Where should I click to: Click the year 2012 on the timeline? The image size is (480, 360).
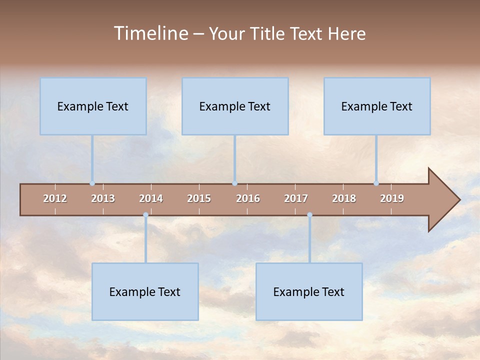click(x=55, y=198)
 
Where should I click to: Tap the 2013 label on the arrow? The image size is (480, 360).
click(x=103, y=198)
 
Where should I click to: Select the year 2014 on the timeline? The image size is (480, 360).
click(x=151, y=198)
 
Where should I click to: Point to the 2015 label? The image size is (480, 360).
click(x=199, y=198)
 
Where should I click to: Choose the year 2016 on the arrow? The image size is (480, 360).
click(x=248, y=198)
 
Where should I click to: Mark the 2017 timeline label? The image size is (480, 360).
click(x=296, y=198)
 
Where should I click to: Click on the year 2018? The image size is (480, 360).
click(x=344, y=198)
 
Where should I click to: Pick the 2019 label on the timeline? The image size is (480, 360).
click(x=392, y=198)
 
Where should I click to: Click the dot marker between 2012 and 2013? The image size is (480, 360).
click(x=92, y=183)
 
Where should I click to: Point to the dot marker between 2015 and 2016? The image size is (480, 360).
click(x=234, y=183)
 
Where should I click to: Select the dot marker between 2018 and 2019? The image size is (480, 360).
click(x=376, y=183)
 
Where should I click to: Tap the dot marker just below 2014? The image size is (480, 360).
click(x=145, y=215)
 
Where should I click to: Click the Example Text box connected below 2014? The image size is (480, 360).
click(x=145, y=291)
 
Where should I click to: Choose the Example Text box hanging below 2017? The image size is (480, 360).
click(x=309, y=291)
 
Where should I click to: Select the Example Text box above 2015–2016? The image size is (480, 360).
click(x=235, y=106)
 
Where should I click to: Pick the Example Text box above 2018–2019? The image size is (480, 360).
click(x=377, y=106)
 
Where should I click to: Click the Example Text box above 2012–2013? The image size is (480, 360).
click(x=93, y=106)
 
